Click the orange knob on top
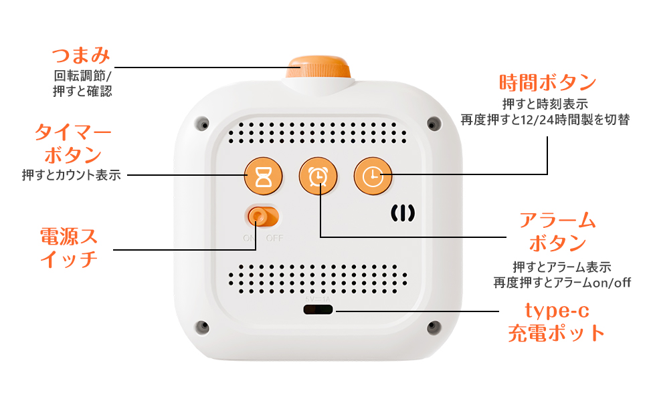[318, 69]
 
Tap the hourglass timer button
[262, 176]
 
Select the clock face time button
[373, 176]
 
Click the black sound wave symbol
[403, 213]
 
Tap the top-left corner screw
[199, 124]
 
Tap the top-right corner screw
[434, 124]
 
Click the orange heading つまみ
[81, 55]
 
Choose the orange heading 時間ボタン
[547, 83]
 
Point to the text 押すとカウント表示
[71, 176]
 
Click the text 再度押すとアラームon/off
[562, 282]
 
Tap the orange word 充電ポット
[557, 332]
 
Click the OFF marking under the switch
[274, 237]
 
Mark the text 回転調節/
[83, 76]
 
